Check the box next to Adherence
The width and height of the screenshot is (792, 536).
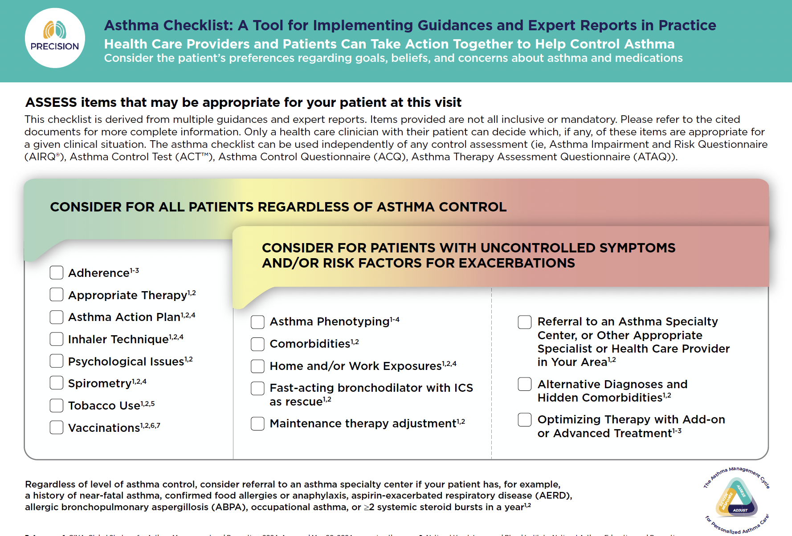click(57, 272)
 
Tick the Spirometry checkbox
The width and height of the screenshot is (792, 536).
click(57, 383)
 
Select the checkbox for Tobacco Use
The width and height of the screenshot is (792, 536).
click(57, 405)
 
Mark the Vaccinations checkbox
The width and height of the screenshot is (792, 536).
click(57, 427)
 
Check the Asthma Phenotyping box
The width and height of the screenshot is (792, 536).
click(257, 322)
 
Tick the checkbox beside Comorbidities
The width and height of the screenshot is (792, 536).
click(257, 344)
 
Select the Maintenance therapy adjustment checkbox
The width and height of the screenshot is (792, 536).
click(257, 423)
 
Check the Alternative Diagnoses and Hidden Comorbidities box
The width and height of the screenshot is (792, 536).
click(525, 384)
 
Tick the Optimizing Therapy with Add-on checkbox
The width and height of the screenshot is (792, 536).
click(525, 419)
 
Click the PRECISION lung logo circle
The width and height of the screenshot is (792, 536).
click(55, 38)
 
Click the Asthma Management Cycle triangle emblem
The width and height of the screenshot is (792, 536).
click(737, 499)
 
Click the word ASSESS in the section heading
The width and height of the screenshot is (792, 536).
click(51, 102)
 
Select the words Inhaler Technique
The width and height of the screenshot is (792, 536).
click(118, 339)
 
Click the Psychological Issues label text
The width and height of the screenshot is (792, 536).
click(126, 361)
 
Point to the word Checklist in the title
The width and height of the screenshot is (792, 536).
click(198, 25)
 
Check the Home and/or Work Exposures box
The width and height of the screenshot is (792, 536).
click(257, 366)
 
